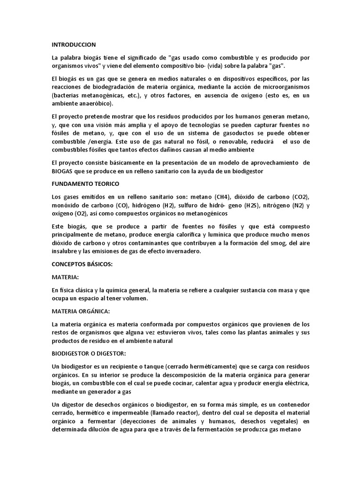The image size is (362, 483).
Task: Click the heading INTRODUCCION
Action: coord(74,45)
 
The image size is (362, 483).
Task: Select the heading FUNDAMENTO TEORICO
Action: coord(85,183)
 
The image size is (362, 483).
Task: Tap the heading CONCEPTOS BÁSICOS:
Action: coord(82,264)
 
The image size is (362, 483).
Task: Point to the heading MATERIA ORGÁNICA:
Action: coord(81,312)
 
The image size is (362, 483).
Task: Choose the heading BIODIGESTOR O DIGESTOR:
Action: coord(90,353)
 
